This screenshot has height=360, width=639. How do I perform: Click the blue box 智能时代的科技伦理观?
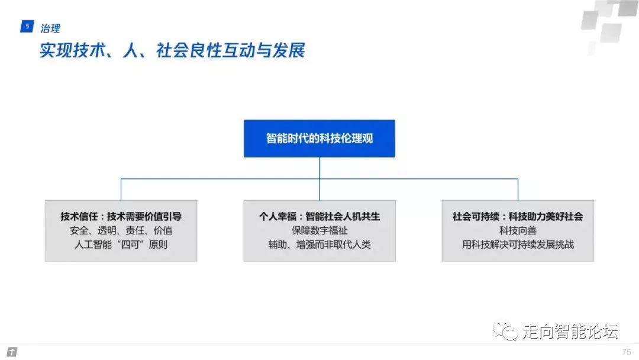319,139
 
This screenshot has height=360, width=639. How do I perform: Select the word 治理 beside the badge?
50,28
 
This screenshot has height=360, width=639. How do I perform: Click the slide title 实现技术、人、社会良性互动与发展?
172,50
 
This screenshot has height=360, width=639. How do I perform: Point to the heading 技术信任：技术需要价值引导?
121,217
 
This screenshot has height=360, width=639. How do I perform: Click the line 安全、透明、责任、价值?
121,230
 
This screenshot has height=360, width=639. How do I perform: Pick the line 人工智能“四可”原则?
121,244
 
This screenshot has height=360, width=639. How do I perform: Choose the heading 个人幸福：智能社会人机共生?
319,217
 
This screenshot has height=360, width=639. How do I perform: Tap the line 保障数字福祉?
319,230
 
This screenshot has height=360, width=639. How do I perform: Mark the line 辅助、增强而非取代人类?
319,244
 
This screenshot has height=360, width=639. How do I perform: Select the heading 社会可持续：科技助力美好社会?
518,217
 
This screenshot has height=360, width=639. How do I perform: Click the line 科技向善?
518,230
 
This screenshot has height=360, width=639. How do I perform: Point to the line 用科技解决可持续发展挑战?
518,244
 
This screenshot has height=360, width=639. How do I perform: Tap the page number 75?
627,352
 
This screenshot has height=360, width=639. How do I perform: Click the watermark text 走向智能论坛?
570,332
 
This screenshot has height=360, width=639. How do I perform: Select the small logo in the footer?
12,352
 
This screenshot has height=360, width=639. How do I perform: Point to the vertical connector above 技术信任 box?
121,189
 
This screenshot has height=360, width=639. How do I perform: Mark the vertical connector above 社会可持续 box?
518,189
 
